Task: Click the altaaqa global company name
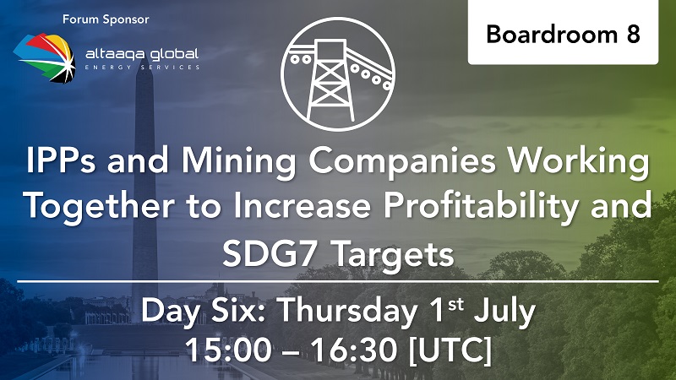pyautogui.click(x=142, y=54)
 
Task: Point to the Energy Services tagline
pyautogui.click(x=142, y=68)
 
